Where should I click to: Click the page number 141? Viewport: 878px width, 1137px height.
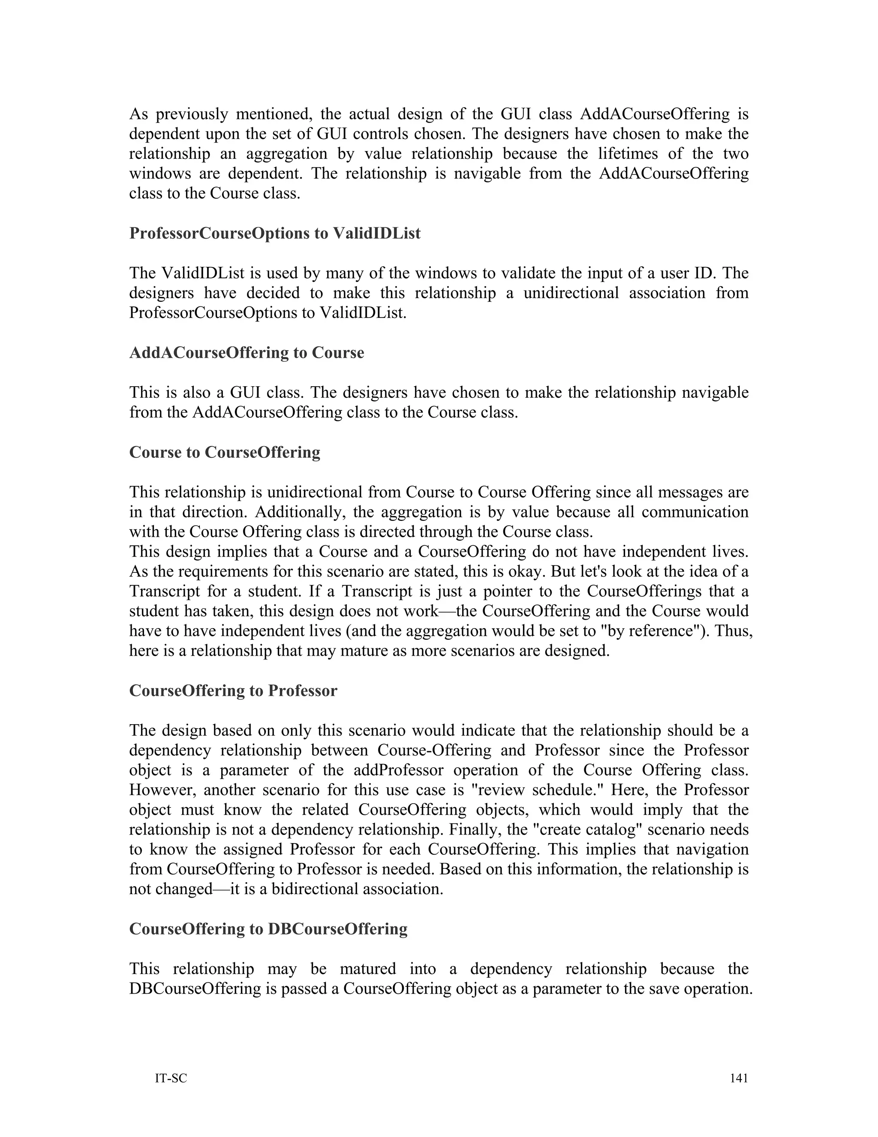pos(739,1078)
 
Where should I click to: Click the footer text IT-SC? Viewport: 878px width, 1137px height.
pos(171,1078)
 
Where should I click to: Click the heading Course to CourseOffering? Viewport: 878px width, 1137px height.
pos(225,452)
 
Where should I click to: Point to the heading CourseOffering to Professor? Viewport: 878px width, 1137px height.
pos(233,691)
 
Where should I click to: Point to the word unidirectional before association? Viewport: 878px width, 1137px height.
pos(571,293)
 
